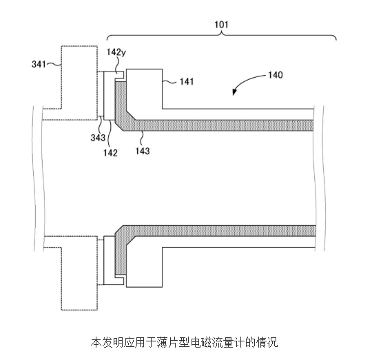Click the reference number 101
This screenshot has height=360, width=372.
pos(221,25)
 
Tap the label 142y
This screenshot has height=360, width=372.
pos(116,52)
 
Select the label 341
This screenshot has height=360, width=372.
pos(39,64)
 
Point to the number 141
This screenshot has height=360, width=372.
pos(187,82)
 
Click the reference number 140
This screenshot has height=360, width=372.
pos(276,75)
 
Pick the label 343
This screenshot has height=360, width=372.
pos(98,138)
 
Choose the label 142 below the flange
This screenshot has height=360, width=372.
pos(110,153)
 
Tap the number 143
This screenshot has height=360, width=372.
pos(143,151)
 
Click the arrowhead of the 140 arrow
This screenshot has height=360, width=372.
pos(234,92)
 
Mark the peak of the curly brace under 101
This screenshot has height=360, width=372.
pos(222,32)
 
